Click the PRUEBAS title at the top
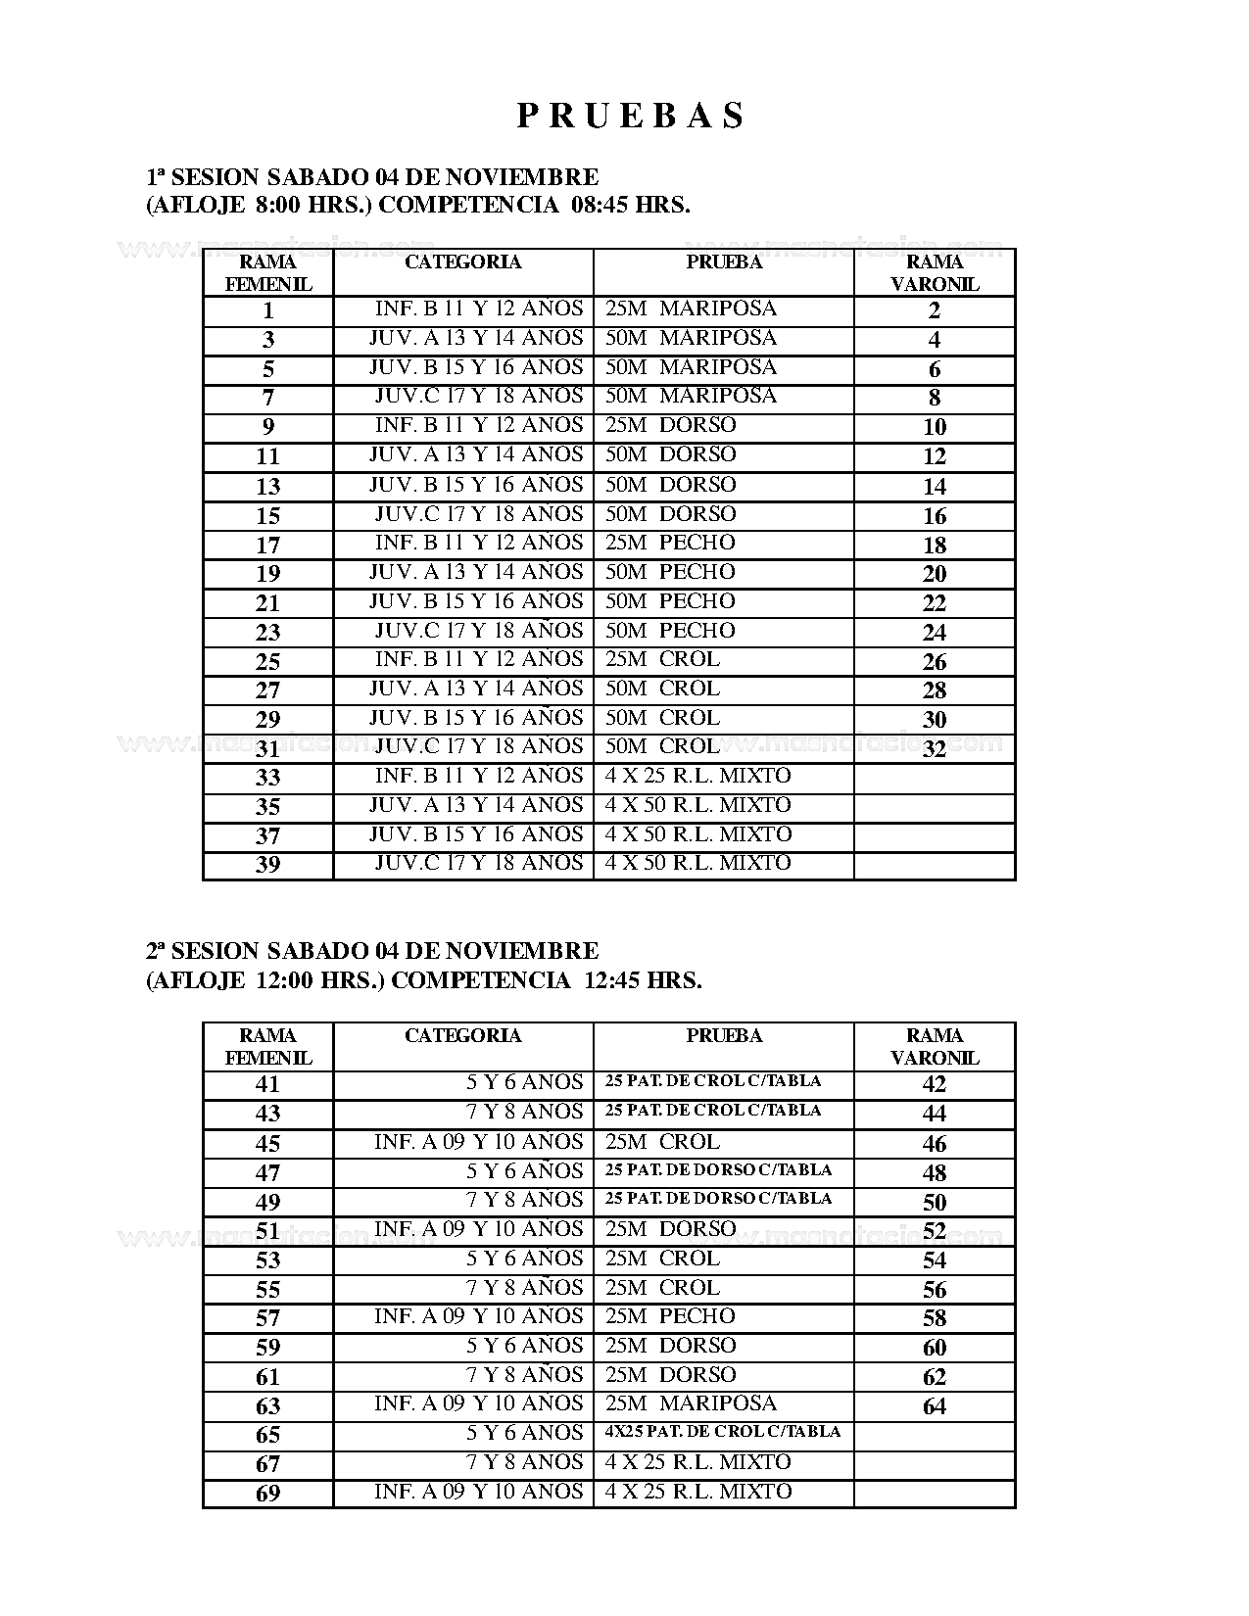tap(631, 117)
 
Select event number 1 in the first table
tap(267, 311)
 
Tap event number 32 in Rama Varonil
tap(935, 749)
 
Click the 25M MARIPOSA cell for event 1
tap(691, 309)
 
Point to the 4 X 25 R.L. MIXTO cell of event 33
tap(697, 777)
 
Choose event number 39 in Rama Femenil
tap(267, 865)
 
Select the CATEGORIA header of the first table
tap(462, 262)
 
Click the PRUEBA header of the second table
tap(724, 1036)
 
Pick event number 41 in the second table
tap(267, 1085)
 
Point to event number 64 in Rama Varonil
tap(935, 1406)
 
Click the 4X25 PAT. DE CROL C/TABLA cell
tap(723, 1432)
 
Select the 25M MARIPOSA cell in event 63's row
tap(691, 1403)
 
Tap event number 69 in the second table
tap(267, 1494)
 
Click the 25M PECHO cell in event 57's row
tap(670, 1316)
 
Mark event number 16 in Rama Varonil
tap(935, 516)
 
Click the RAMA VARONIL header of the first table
tap(935, 273)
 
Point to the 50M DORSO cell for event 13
tap(670, 485)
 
